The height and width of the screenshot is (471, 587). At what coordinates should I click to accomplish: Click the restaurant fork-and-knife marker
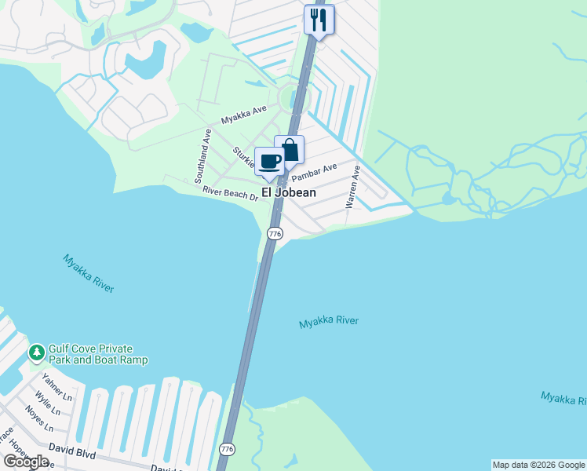coord(319,19)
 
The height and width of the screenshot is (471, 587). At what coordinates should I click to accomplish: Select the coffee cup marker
coord(270,162)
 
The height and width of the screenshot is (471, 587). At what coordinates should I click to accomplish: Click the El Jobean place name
coord(288,192)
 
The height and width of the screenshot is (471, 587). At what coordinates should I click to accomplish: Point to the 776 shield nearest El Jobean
coord(274,234)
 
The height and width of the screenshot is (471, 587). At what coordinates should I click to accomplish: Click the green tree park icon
coord(36,353)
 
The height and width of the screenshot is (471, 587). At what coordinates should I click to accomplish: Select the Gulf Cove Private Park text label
coord(98,354)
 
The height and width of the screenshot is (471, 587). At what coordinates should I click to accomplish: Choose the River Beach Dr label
coord(230,193)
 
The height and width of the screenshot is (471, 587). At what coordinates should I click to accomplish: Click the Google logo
coord(25,462)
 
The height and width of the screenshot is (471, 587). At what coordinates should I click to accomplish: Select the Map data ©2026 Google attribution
coord(538,465)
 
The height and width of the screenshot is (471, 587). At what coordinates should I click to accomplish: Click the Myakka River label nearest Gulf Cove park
coord(89,273)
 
